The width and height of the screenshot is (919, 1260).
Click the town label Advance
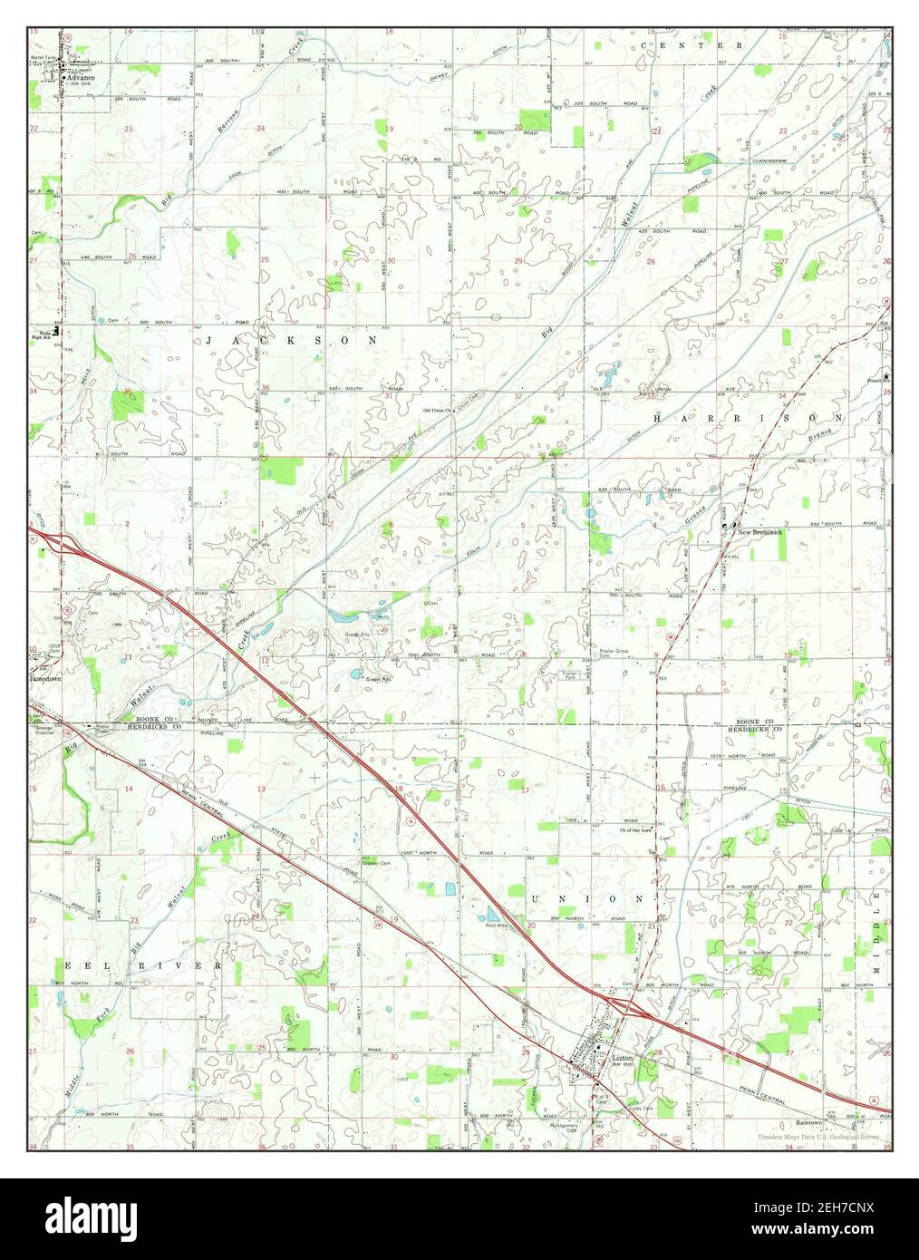(x=79, y=78)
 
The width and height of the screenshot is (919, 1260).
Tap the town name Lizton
(x=622, y=1058)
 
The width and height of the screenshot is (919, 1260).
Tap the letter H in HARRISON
(x=656, y=418)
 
